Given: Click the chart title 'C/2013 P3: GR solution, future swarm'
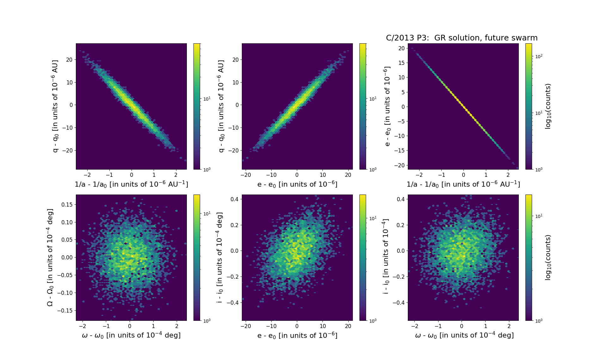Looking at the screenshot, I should (462, 38).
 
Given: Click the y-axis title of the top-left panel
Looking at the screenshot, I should (56, 106).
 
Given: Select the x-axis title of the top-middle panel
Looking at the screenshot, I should (297, 184).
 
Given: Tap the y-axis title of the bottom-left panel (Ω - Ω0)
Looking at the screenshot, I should (50, 258).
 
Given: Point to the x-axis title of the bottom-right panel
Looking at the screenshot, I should (464, 335).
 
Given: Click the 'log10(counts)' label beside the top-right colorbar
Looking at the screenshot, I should (548, 106).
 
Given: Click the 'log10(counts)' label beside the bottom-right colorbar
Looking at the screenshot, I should (548, 258).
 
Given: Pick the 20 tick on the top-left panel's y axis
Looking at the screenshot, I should (69, 59).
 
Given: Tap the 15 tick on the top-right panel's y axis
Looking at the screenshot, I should (401, 63).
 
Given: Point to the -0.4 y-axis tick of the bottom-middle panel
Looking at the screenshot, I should (232, 302).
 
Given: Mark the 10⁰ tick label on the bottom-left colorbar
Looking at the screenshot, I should (207, 321).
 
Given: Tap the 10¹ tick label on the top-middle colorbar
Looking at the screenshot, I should (373, 99).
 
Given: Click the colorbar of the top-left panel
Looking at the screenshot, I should (197, 106).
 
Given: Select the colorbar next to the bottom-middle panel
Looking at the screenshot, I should (363, 258).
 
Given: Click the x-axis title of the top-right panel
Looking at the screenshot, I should (463, 184).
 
